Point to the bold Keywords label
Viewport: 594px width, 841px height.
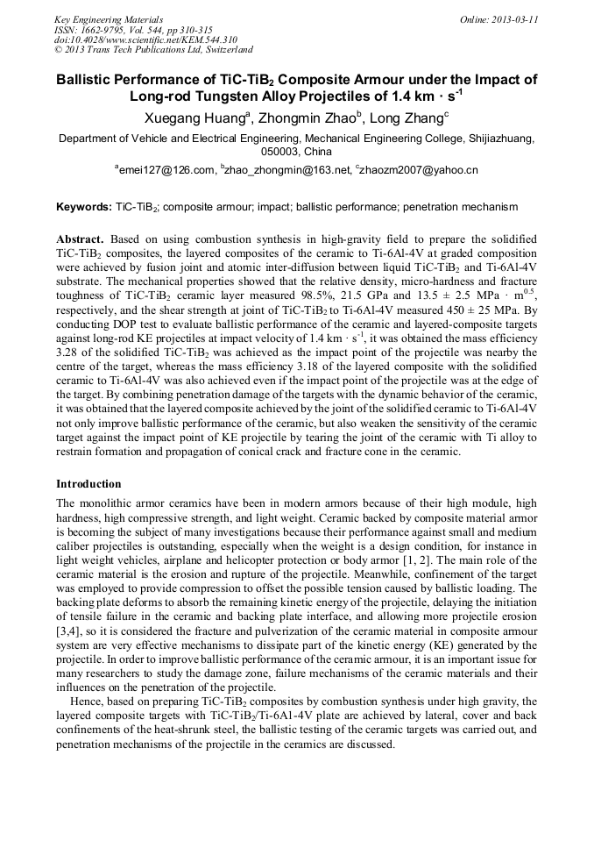pos(83,208)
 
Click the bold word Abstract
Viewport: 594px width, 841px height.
pos(80,239)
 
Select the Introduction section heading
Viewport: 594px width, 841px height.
pos(88,484)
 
